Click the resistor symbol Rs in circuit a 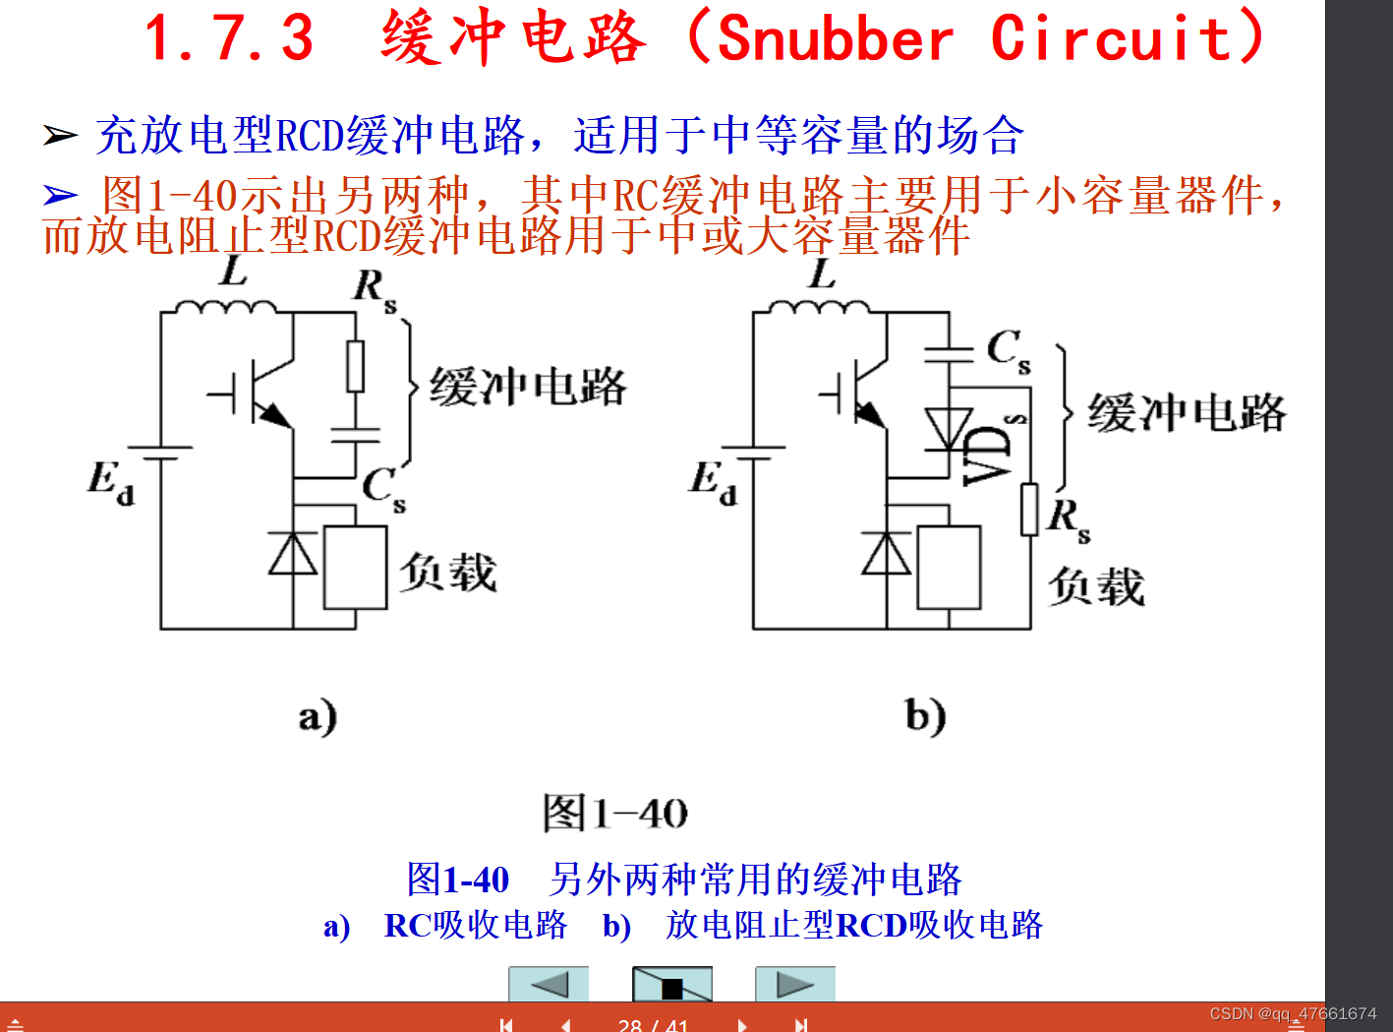[x=355, y=366]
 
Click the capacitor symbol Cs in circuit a [x=355, y=435]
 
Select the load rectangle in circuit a [x=355, y=568]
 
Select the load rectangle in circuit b [x=949, y=568]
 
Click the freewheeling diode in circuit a [x=293, y=553]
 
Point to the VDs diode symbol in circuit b [x=949, y=428]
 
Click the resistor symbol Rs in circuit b [x=1029, y=509]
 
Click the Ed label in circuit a [x=110, y=482]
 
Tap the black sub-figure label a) [x=318, y=716]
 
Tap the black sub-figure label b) [x=925, y=716]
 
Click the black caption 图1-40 [x=615, y=814]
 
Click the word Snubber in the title [x=835, y=39]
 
